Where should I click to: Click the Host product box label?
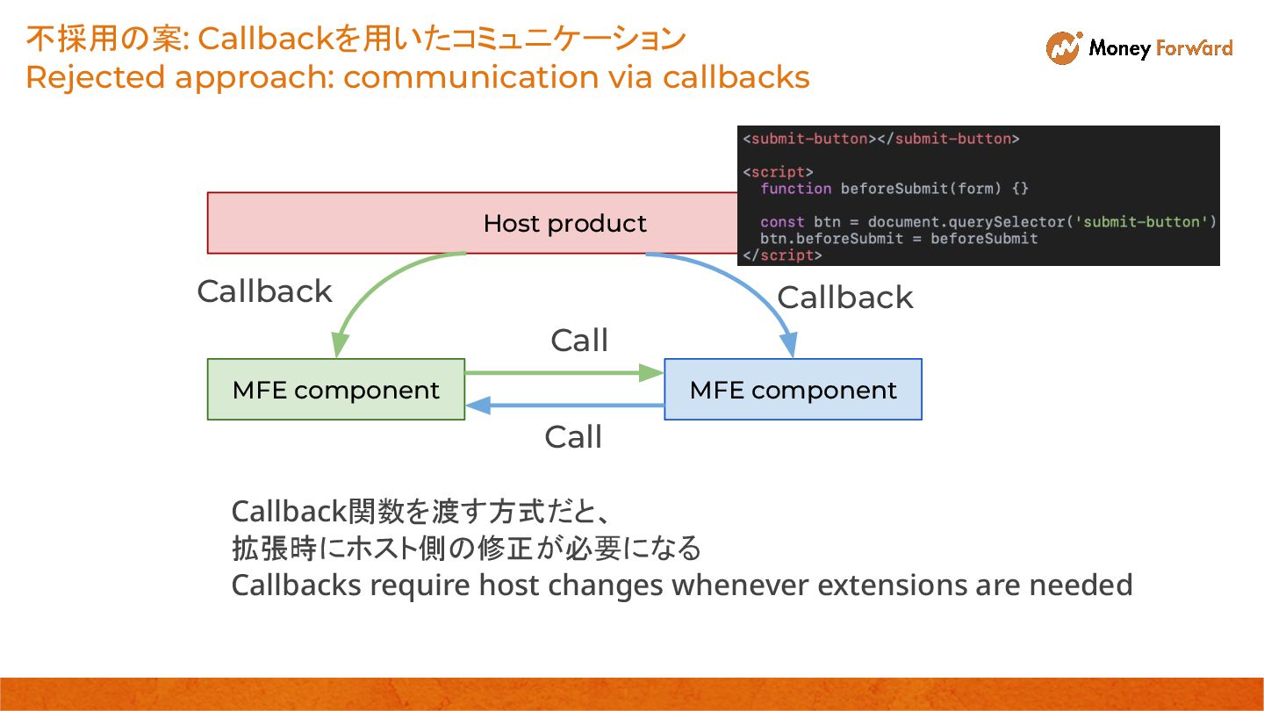pyautogui.click(x=564, y=224)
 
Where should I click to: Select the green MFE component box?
pyautogui.click(x=335, y=390)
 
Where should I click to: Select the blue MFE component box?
pyautogui.click(x=793, y=390)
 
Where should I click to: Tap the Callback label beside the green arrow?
pyautogui.click(x=264, y=291)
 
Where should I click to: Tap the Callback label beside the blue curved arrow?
pyautogui.click(x=844, y=298)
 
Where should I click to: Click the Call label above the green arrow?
pyautogui.click(x=579, y=341)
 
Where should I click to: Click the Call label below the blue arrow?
pyautogui.click(x=573, y=437)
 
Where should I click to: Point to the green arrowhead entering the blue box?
pyautogui.click(x=651, y=372)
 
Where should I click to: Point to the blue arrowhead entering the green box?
pyautogui.click(x=478, y=406)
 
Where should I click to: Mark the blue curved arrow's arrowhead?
pyautogui.click(x=789, y=344)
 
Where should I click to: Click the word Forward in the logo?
pyautogui.click(x=1194, y=48)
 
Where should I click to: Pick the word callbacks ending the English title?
pyautogui.click(x=736, y=76)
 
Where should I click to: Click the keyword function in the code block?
pyautogui.click(x=795, y=189)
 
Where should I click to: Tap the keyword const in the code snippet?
pyautogui.click(x=782, y=222)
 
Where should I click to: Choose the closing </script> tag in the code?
pyautogui.click(x=782, y=255)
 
